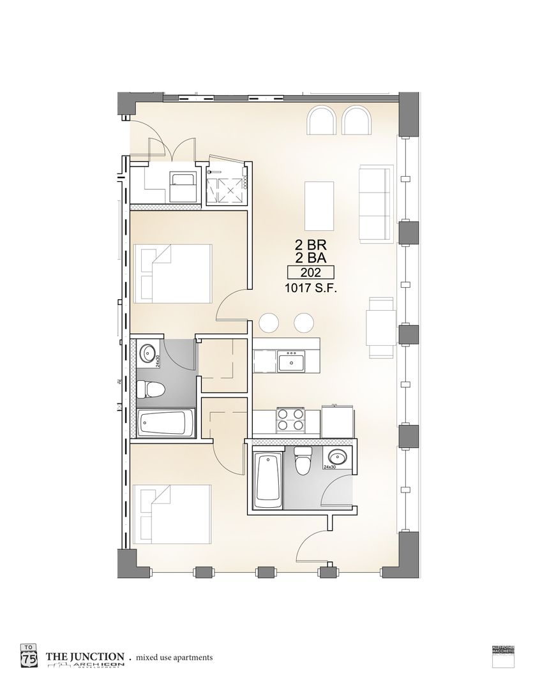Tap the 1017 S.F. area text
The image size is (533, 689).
coord(311,288)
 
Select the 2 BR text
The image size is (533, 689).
coord(311,244)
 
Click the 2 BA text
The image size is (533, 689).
coord(311,258)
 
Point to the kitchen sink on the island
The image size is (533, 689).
coord(292,362)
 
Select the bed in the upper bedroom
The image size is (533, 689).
coord(174,274)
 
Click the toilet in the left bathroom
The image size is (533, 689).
coord(149,389)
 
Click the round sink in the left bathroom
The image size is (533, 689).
coord(148,352)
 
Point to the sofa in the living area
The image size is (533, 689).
coord(375,203)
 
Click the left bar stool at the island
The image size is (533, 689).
coord(271,323)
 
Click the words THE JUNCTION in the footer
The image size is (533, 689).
coord(84,656)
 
